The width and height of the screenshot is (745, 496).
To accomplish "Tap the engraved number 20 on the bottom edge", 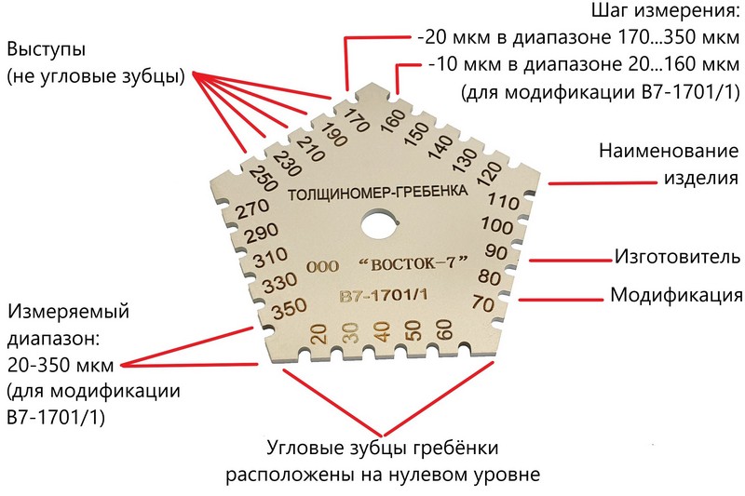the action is tap(318, 333).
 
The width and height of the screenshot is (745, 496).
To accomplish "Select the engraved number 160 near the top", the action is tap(392, 121).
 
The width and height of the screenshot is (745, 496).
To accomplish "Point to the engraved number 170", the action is tap(357, 121).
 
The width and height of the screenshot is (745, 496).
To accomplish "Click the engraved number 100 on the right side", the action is tap(497, 225).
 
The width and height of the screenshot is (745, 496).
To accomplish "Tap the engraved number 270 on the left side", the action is tap(252, 209).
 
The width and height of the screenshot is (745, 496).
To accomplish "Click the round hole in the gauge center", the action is tap(381, 225).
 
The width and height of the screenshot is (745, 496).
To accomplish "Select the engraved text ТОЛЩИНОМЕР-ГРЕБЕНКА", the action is tap(378, 193).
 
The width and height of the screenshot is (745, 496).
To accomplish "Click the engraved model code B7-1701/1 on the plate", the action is tap(383, 295).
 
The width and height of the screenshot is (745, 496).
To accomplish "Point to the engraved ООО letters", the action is tap(322, 266).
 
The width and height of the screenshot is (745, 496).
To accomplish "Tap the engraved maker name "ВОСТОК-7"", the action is tap(413, 262).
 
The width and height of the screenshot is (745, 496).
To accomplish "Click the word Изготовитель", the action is tap(678, 257).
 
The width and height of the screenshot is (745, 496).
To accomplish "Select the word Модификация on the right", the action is tap(677, 295).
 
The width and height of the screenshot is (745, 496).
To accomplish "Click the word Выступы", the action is tap(46, 50).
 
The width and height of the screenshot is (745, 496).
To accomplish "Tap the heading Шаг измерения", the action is tap(665, 11).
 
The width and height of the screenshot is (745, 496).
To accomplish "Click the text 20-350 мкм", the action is tap(61, 365).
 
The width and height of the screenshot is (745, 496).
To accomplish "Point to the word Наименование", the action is tap(669, 151).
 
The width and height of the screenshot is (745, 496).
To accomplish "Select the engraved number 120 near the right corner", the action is tap(490, 175).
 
